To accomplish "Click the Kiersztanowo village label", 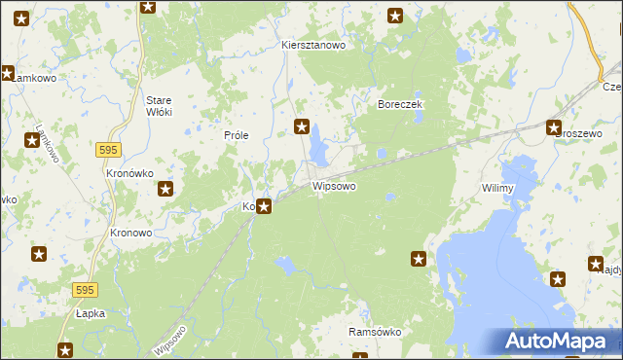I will (313, 45).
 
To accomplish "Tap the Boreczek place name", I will (398, 104).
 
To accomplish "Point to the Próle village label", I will (238, 136).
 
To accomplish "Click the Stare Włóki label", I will (159, 106).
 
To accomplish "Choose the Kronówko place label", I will (126, 172).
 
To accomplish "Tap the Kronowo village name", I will (130, 234).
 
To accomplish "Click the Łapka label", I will (89, 314).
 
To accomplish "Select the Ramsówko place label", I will (375, 332).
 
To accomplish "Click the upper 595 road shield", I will (108, 148).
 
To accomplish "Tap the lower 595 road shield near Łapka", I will (85, 290).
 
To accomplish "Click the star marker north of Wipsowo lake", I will (302, 126).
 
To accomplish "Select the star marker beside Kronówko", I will (166, 190).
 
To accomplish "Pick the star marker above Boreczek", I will (396, 15).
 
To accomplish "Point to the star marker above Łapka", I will (38, 255).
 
